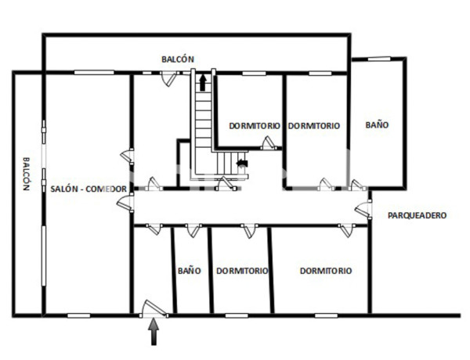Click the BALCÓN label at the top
tap(177, 59)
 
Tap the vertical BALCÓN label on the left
tap(25, 172)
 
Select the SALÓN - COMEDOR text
tap(89, 189)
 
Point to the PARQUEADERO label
tap(418, 214)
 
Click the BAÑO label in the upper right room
tap(377, 124)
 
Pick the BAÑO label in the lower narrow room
tap(189, 271)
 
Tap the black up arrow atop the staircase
tap(203, 81)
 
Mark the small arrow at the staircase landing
tap(241, 164)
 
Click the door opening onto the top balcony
tap(166, 77)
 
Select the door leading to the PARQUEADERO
tap(362, 209)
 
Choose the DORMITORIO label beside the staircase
tap(255, 125)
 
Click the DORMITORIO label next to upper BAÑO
tap(313, 125)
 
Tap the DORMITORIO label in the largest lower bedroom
tap(326, 271)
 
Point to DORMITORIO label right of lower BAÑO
tap(242, 271)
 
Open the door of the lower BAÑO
tap(192, 229)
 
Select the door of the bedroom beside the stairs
tap(269, 143)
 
